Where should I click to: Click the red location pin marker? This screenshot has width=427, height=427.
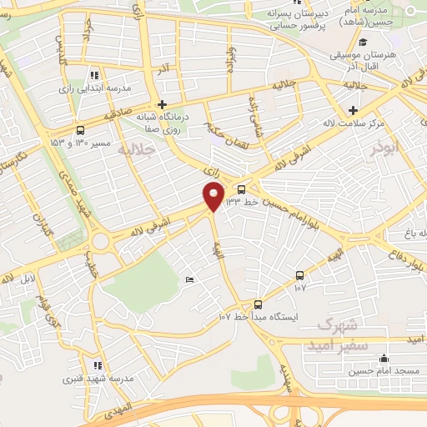[x=213, y=197]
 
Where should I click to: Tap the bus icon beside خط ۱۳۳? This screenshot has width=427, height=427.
[x=242, y=189]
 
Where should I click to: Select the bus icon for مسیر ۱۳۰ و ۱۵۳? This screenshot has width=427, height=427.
[x=80, y=130]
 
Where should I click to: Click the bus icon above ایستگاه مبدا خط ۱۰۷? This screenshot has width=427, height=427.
[x=258, y=305]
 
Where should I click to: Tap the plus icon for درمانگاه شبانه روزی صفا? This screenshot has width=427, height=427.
[x=172, y=104]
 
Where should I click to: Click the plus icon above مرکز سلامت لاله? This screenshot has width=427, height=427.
[x=354, y=110]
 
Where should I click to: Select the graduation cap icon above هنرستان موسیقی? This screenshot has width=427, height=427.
[x=361, y=43]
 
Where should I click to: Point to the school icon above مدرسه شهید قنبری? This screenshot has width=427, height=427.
[x=98, y=365]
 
